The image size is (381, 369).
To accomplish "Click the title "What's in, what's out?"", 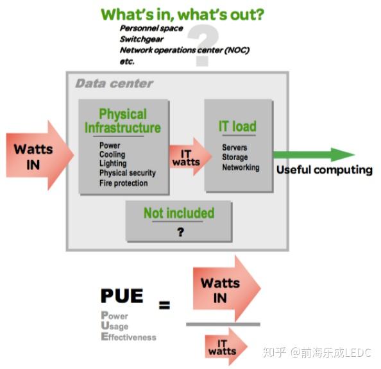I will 182,14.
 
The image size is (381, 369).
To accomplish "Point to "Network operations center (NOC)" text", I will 184,50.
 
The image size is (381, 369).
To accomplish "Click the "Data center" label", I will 114,83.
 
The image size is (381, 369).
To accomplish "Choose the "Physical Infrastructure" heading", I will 123,120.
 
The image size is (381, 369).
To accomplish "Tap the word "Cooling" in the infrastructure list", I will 112,154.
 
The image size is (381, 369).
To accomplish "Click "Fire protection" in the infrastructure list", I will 123,183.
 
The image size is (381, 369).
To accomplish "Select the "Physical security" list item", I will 127,173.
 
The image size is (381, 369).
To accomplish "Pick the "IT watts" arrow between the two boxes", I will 187,158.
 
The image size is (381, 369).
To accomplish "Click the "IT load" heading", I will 237,126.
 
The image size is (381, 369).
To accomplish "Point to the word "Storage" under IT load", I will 235,158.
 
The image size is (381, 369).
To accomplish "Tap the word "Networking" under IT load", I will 241,167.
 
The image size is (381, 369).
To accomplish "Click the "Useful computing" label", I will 324,170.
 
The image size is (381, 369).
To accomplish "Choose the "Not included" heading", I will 178,213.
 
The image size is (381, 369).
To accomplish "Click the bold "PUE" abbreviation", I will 122,296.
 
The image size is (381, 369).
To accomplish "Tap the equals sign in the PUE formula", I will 165,305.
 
